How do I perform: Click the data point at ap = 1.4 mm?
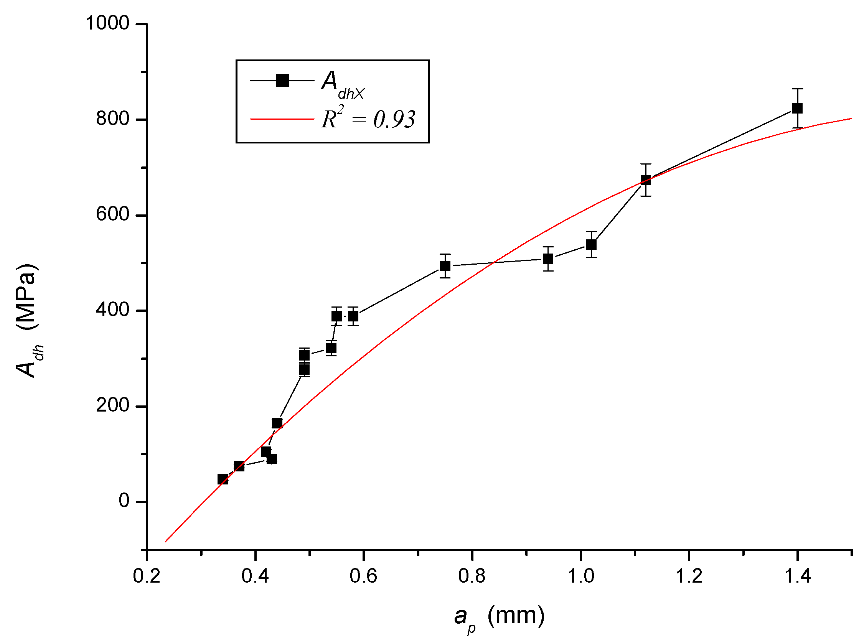click(x=797, y=109)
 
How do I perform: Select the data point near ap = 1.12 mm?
click(x=645, y=180)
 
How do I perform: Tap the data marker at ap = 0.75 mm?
click(x=445, y=266)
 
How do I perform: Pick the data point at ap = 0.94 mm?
click(x=548, y=259)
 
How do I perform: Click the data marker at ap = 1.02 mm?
click(x=591, y=245)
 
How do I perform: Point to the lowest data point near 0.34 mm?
click(x=223, y=479)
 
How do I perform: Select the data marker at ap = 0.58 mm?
click(x=353, y=316)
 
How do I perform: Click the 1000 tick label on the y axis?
click(x=107, y=23)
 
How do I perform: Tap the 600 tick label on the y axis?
click(x=112, y=214)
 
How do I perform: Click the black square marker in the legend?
click(x=282, y=81)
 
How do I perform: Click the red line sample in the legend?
click(x=282, y=119)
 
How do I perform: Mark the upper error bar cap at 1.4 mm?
click(x=797, y=89)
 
